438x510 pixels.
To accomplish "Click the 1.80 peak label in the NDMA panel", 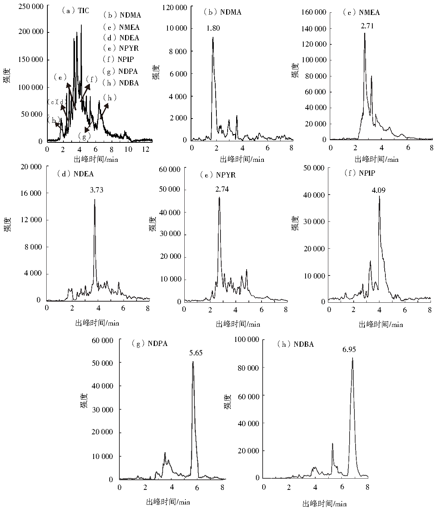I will (x=213, y=28).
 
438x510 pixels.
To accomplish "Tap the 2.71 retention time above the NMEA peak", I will (x=367, y=26).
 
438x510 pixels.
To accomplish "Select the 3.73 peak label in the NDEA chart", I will (x=97, y=190).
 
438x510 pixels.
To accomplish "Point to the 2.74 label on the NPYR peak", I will (x=222, y=189).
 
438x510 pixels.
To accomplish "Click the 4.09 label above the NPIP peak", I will (x=378, y=190).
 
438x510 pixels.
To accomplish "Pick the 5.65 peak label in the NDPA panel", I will (x=195, y=353).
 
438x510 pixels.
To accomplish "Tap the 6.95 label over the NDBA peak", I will (x=349, y=350).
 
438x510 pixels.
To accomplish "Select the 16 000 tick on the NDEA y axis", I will (x=31, y=193).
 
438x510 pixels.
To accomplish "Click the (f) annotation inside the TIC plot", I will (x=91, y=79).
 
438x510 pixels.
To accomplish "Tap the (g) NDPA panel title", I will (x=150, y=344).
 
